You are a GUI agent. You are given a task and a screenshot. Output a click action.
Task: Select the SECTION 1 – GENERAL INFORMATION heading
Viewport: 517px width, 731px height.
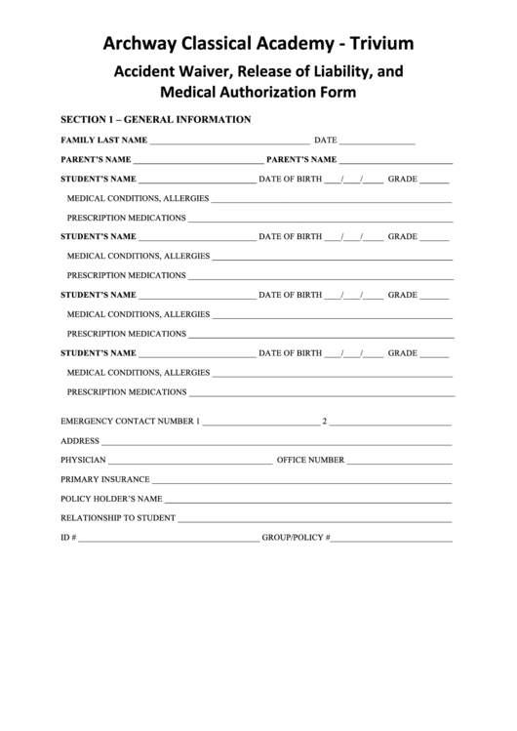[x=156, y=120]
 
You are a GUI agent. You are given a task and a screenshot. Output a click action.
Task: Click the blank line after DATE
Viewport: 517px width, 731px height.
[x=378, y=143]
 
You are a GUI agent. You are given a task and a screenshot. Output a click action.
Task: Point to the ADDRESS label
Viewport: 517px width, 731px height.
[x=80, y=440]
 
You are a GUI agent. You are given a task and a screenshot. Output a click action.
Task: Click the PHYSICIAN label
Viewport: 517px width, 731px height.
[x=84, y=459]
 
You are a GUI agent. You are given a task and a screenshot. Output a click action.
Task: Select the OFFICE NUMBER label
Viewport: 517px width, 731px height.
[x=310, y=459]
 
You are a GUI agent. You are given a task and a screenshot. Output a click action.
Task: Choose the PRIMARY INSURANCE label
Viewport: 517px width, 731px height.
[x=105, y=479]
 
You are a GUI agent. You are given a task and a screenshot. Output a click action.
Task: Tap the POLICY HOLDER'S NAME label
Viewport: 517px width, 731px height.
[x=111, y=499]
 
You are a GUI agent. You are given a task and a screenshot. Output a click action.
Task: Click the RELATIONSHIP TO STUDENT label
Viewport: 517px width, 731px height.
[x=118, y=518]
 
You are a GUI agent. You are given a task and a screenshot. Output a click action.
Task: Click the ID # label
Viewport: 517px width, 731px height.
[x=68, y=538]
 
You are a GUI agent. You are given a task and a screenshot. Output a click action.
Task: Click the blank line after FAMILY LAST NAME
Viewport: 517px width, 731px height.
[x=229, y=143]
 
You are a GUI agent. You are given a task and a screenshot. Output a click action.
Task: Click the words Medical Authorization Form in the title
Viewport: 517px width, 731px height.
[x=258, y=94]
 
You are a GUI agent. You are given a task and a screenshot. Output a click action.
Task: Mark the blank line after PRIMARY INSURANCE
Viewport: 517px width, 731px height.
[x=301, y=482]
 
